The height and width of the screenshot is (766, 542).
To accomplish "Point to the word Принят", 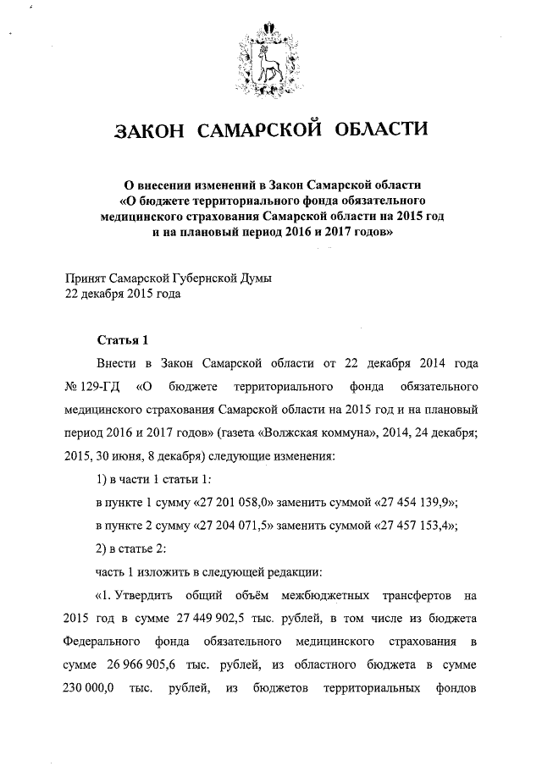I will [x=86, y=278].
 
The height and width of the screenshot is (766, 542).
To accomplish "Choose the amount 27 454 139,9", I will [x=411, y=503].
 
